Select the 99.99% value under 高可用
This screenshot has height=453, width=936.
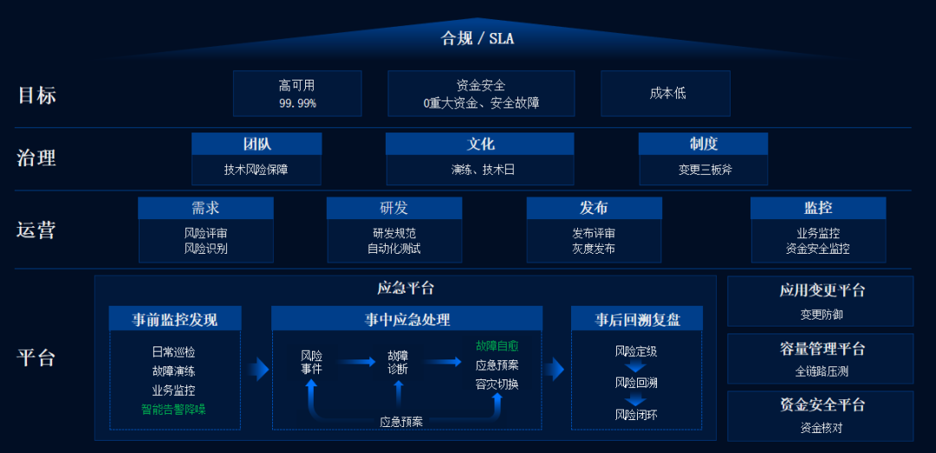(x=297, y=103)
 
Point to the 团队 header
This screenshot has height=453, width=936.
(x=257, y=144)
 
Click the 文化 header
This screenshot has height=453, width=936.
(x=480, y=144)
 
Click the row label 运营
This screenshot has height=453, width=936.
(x=36, y=230)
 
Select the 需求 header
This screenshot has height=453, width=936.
(x=205, y=208)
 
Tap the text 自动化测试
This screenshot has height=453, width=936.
(x=393, y=249)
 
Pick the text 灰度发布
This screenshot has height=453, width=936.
(x=594, y=249)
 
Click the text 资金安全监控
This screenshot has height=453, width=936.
(x=818, y=249)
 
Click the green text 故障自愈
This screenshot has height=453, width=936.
(x=497, y=346)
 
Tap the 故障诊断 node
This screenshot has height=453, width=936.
(x=398, y=362)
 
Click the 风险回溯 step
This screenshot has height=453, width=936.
(x=636, y=383)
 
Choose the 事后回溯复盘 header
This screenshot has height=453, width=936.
(x=637, y=319)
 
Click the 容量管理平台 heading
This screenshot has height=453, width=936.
(x=821, y=349)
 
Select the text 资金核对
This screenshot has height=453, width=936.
(x=821, y=427)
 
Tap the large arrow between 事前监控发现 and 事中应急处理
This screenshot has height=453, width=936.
(x=257, y=370)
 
